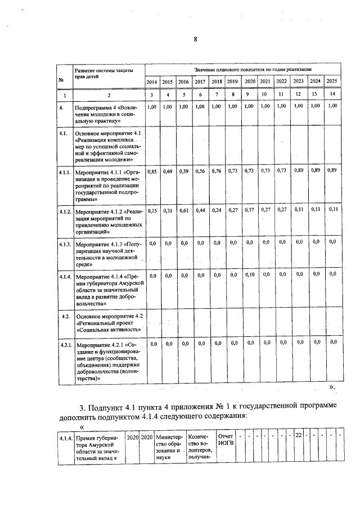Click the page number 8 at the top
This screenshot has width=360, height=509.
point(195,39)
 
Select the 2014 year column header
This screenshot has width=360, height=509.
point(152,82)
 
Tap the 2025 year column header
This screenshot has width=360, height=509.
point(332,81)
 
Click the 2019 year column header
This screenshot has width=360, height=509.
point(233,82)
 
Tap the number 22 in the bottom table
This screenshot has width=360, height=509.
point(299,436)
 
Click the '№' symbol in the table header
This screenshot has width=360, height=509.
point(60,79)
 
